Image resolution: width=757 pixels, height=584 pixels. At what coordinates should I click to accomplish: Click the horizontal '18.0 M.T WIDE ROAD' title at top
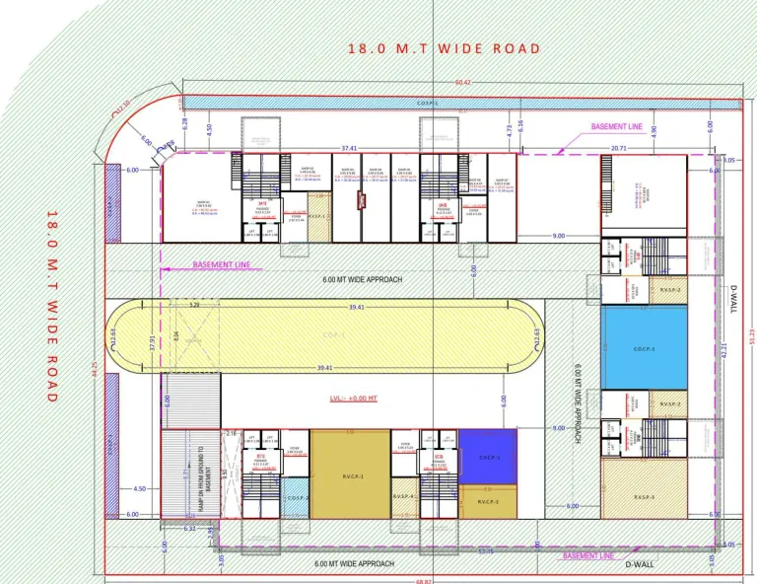(444, 48)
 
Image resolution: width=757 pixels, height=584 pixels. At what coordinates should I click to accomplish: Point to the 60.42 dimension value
(462, 83)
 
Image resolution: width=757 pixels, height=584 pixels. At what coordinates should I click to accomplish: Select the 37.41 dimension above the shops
(348, 148)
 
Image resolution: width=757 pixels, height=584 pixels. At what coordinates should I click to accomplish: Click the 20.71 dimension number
(619, 148)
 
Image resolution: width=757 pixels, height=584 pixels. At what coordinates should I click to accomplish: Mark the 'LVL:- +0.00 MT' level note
(352, 400)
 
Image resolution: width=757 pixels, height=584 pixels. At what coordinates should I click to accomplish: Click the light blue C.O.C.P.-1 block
(645, 348)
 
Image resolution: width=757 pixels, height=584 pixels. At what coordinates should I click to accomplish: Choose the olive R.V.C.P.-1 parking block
(350, 474)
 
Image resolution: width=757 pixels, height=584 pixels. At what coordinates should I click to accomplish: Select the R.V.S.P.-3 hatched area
(645, 497)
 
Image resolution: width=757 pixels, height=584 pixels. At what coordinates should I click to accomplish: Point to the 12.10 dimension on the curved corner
(123, 107)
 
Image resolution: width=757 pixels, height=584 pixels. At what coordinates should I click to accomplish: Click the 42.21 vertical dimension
(724, 348)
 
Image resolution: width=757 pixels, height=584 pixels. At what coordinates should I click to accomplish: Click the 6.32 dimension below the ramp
(190, 529)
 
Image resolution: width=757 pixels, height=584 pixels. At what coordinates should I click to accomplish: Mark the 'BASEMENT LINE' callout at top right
(617, 127)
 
